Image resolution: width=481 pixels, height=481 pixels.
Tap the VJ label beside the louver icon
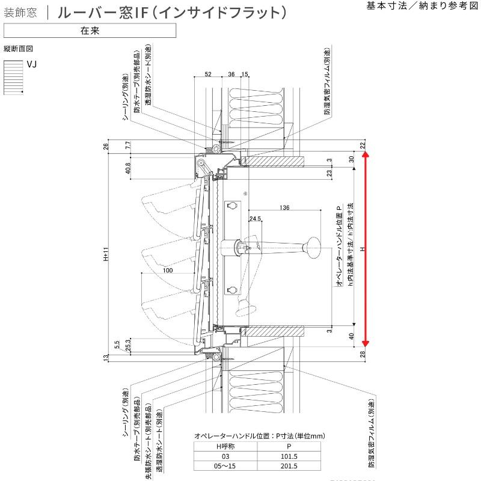[32, 64]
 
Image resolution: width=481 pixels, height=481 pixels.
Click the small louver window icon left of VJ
[13, 77]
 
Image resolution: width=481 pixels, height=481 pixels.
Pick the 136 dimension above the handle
[284, 208]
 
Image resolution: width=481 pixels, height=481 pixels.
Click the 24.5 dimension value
[255, 219]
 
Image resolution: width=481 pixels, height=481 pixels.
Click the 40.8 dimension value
[127, 169]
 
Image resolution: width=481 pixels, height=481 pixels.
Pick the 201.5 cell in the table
[289, 465]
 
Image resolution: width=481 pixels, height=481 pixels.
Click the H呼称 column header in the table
[225, 446]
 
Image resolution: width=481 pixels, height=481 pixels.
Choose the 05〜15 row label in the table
[225, 465]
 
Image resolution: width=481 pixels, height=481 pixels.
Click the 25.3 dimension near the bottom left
[128, 345]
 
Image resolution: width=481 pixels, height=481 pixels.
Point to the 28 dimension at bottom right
[363, 355]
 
